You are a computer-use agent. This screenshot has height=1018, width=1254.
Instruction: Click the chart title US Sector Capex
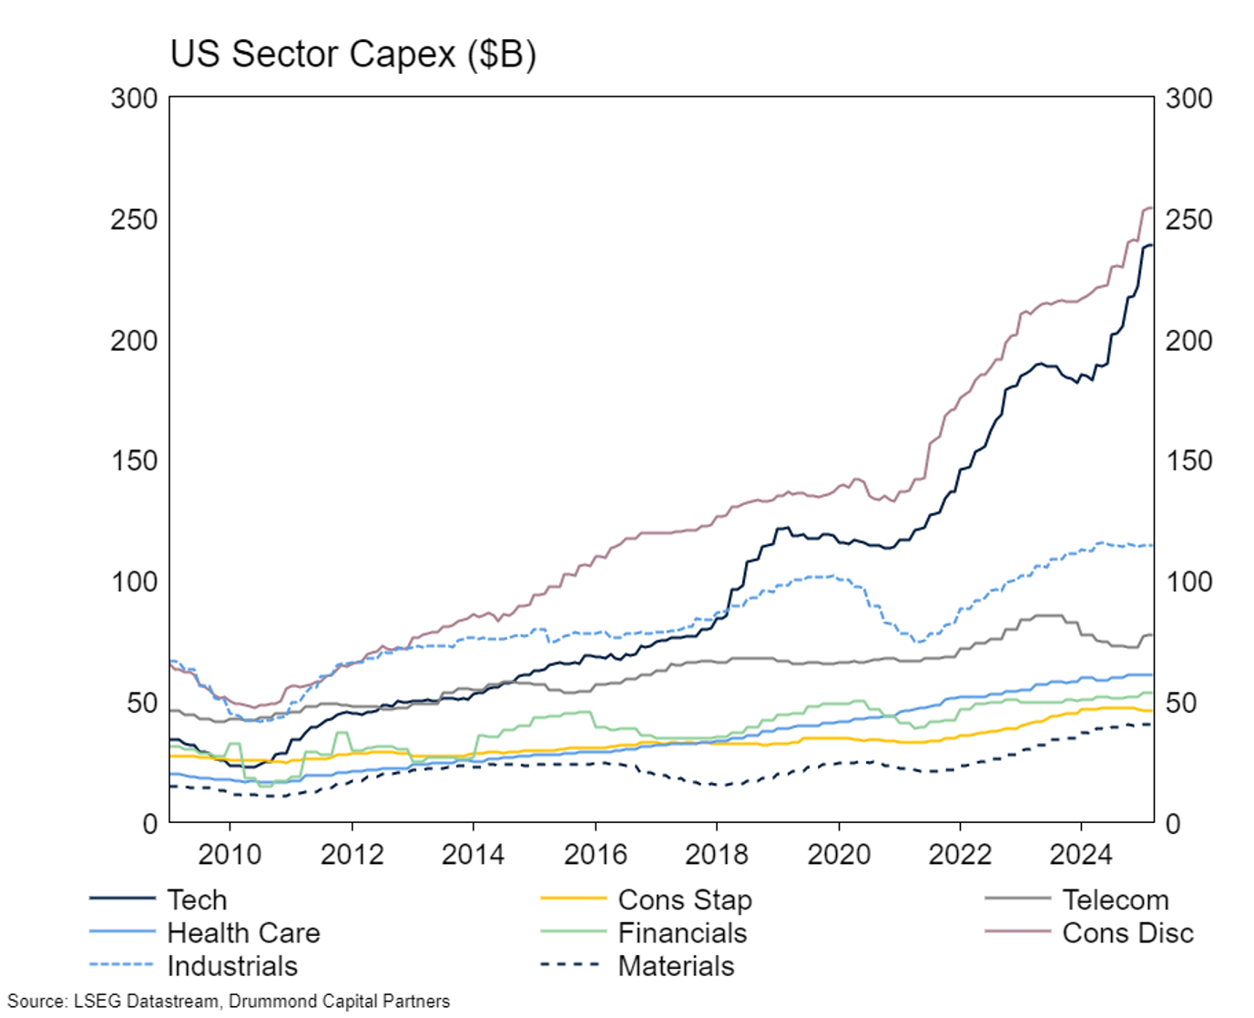(x=352, y=54)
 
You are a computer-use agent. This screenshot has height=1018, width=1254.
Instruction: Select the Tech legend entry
(x=197, y=900)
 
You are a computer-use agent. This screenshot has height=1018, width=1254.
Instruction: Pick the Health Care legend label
(x=243, y=932)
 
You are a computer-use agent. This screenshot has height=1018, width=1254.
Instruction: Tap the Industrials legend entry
(x=232, y=965)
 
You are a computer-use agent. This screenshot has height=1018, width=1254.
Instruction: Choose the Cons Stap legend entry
(x=685, y=900)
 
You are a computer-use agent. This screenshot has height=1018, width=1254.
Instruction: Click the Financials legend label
(x=682, y=932)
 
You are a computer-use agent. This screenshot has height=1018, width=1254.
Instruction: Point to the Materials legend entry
(x=676, y=965)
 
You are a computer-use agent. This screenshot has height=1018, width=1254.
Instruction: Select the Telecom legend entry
(x=1115, y=900)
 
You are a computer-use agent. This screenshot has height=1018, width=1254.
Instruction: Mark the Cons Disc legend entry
(x=1127, y=932)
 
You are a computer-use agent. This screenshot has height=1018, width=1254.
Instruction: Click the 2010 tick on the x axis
(x=229, y=854)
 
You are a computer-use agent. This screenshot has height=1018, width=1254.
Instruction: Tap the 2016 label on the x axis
(x=595, y=854)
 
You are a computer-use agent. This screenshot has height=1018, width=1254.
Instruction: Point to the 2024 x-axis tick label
(x=1081, y=854)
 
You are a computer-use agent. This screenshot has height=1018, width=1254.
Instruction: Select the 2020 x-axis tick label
(x=838, y=854)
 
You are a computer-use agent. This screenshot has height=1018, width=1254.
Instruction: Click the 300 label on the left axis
(x=134, y=98)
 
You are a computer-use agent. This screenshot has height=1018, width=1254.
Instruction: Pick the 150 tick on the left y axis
(x=134, y=460)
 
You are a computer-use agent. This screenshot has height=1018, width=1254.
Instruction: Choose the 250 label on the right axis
(x=1188, y=220)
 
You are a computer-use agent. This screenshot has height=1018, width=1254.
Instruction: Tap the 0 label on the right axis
(x=1173, y=824)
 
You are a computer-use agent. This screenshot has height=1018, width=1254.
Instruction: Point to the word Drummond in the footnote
(x=265, y=1001)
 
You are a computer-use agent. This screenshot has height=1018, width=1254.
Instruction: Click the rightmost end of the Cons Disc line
(x=1152, y=209)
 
